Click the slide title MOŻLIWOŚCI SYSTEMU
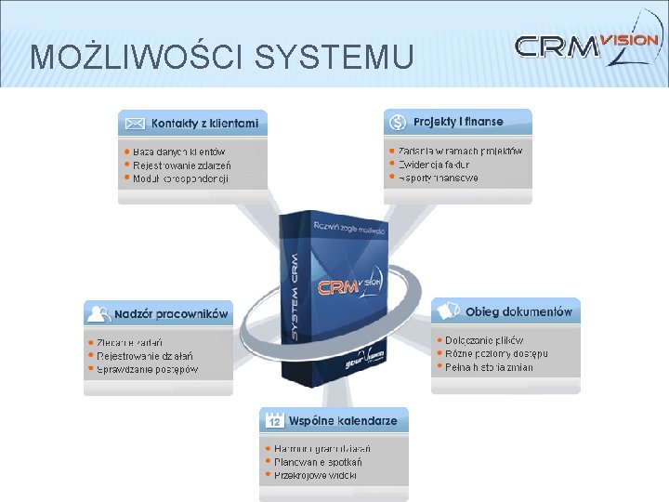[222, 58]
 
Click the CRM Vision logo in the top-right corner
[587, 46]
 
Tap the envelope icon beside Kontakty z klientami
[135, 123]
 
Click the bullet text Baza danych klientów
[178, 151]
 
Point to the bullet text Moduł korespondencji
[180, 178]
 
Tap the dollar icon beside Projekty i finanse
[398, 122]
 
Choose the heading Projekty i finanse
[458, 122]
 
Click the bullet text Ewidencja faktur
[439, 164]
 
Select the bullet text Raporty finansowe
[439, 178]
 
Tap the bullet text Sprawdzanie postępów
[147, 369]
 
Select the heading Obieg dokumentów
[518, 312]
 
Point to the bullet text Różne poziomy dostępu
[496, 353]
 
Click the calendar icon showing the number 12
[274, 421]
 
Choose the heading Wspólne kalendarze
[343, 421]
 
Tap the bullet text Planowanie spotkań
[317, 461]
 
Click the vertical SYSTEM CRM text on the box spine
[294, 296]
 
